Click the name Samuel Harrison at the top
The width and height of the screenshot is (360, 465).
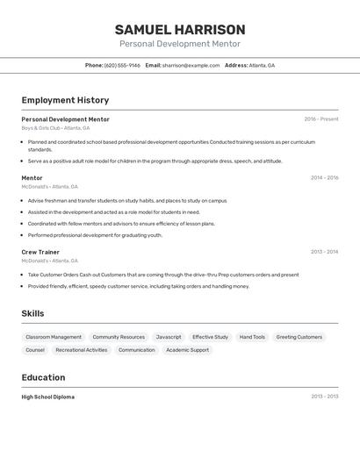(x=180, y=30)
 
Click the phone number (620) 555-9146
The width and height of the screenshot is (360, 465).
(x=122, y=66)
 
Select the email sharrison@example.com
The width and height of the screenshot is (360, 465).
(x=191, y=66)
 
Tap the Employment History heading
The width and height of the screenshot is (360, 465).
(x=65, y=101)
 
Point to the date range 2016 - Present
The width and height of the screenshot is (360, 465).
(x=320, y=119)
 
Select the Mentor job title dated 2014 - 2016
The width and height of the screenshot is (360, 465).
(x=32, y=178)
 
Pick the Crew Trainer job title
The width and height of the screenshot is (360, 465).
(x=40, y=252)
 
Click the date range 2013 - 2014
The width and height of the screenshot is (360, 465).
(x=324, y=252)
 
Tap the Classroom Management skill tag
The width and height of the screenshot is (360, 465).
(x=54, y=337)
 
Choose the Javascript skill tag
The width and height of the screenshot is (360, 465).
(x=169, y=337)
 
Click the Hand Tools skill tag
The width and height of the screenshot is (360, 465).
(x=252, y=337)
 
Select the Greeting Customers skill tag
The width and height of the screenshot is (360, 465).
(x=299, y=337)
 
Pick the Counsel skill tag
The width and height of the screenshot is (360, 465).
(x=35, y=350)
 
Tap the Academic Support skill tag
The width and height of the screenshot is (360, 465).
(x=187, y=350)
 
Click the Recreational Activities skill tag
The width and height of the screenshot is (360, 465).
(x=81, y=350)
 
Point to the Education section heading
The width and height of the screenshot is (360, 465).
(x=43, y=378)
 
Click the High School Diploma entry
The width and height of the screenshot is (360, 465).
(x=48, y=397)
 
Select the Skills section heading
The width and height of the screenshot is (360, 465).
(x=32, y=314)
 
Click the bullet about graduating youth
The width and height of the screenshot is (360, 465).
(x=95, y=235)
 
